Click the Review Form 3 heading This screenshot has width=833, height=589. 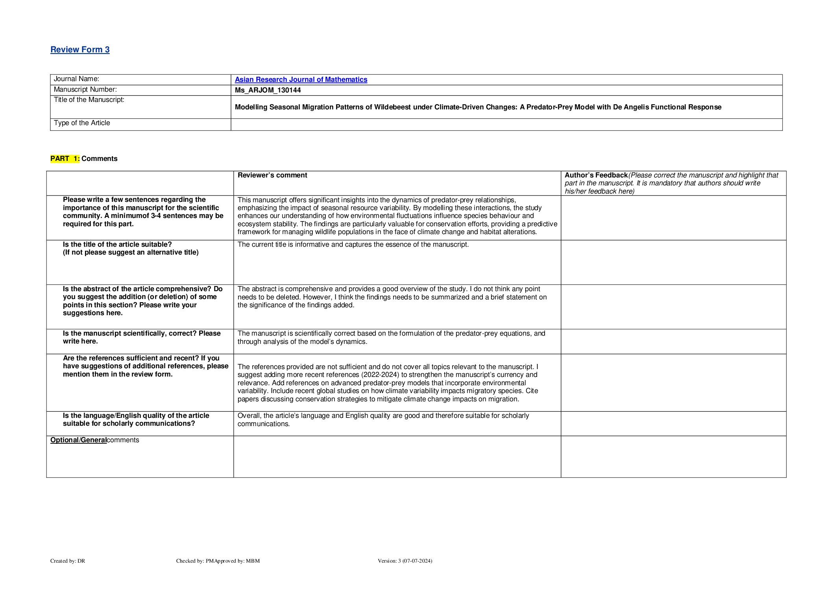pyautogui.click(x=80, y=50)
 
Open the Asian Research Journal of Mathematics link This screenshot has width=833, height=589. pyautogui.click(x=301, y=79)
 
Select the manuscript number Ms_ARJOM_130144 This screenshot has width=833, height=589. pyautogui.click(x=268, y=90)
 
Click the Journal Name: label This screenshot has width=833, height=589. pyautogui.click(x=76, y=79)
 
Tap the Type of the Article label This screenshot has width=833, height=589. pyautogui.click(x=82, y=123)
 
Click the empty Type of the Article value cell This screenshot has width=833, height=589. pyautogui.click(x=506, y=124)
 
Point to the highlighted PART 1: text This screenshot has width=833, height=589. pyautogui.click(x=65, y=159)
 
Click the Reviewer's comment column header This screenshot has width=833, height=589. pyautogui.click(x=272, y=175)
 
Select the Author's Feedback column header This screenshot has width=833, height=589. pyautogui.click(x=596, y=175)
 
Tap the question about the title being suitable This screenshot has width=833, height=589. pyautogui.click(x=130, y=248)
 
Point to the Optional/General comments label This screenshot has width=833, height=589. pyautogui.click(x=94, y=440)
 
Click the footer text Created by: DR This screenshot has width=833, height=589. pyautogui.click(x=68, y=561)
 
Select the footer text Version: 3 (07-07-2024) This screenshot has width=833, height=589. pyautogui.click(x=404, y=561)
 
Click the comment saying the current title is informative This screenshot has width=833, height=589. pyautogui.click(x=353, y=244)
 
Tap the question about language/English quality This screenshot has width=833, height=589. pyautogui.click(x=136, y=419)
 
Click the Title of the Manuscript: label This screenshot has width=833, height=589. pyautogui.click(x=89, y=100)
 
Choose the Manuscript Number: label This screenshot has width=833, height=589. pyautogui.click(x=85, y=89)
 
